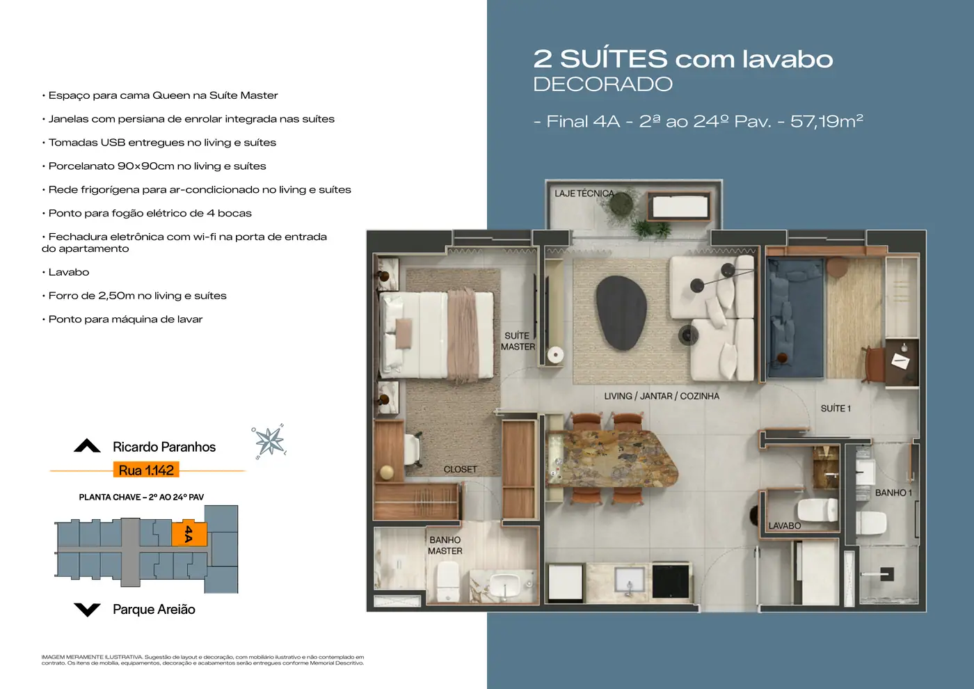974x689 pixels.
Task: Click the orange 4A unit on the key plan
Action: tap(189, 533)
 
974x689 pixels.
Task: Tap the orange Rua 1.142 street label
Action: tap(146, 470)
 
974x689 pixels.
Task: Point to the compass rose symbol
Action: tap(269, 441)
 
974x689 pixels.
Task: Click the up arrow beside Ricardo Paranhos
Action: tap(87, 445)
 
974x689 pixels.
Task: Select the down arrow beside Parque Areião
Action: tap(87, 610)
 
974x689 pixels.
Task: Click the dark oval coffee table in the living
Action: tap(621, 312)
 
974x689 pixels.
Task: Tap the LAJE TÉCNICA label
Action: tap(584, 193)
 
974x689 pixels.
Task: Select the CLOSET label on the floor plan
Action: tap(460, 469)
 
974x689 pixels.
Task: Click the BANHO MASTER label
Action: tap(445, 546)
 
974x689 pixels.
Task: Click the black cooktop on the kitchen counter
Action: tap(671, 581)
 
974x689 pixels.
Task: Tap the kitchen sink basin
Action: tap(629, 579)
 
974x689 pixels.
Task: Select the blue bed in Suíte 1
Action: tap(795, 318)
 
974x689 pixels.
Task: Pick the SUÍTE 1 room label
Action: tap(836, 409)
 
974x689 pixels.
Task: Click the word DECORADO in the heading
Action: tap(602, 84)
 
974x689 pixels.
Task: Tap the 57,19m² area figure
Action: tap(827, 121)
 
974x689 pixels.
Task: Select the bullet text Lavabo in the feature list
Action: tap(69, 272)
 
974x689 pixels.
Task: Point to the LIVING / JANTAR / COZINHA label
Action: tap(662, 396)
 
